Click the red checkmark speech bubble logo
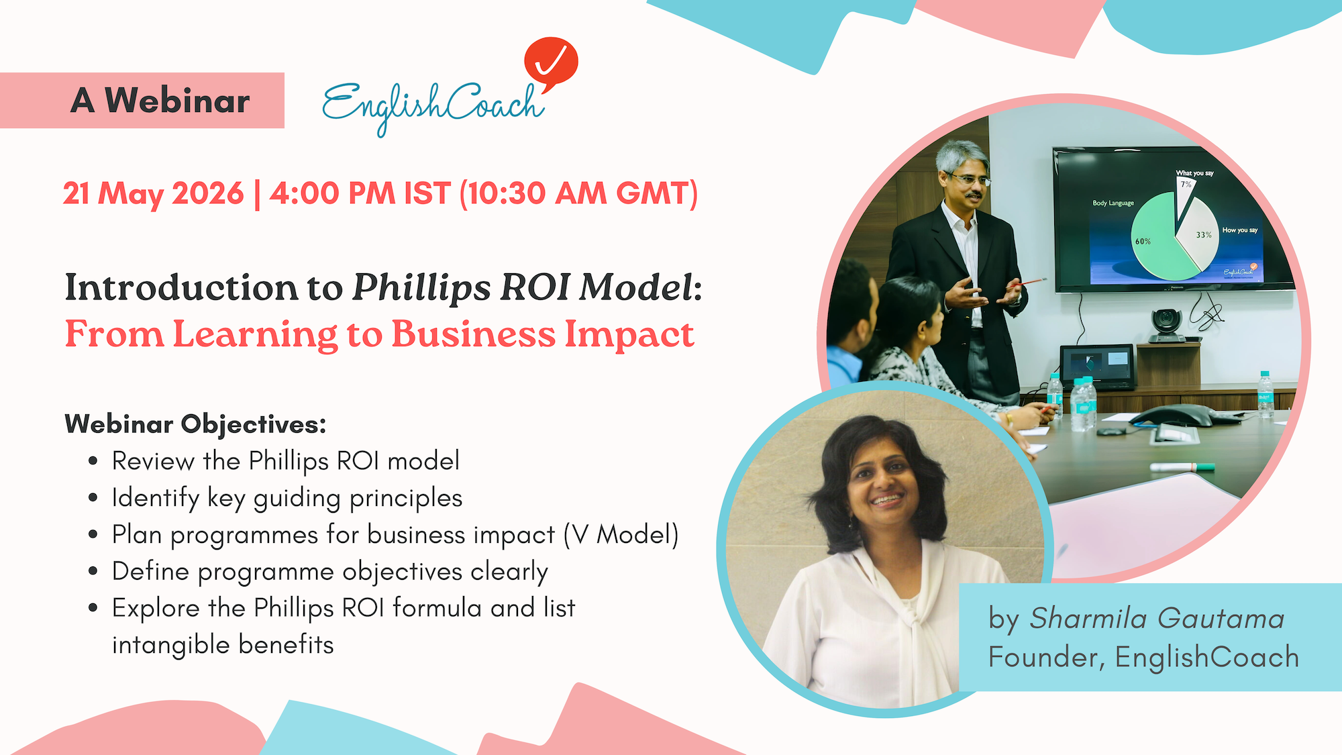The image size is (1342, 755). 551,63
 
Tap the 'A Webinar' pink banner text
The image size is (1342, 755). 160,100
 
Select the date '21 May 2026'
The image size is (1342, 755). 153,193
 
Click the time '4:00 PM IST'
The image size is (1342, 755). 360,193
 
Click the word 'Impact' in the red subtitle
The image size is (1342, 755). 629,335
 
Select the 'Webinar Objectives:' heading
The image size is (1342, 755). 195,424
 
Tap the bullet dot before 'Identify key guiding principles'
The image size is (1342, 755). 93,498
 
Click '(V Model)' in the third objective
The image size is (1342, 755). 621,535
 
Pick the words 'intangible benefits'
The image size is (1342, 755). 223,644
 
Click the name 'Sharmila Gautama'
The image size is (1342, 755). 1157,618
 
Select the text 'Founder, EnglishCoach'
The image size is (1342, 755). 1143,657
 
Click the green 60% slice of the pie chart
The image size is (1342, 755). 1157,238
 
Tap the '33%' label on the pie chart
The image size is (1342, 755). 1204,235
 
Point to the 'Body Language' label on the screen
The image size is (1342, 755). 1113,203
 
